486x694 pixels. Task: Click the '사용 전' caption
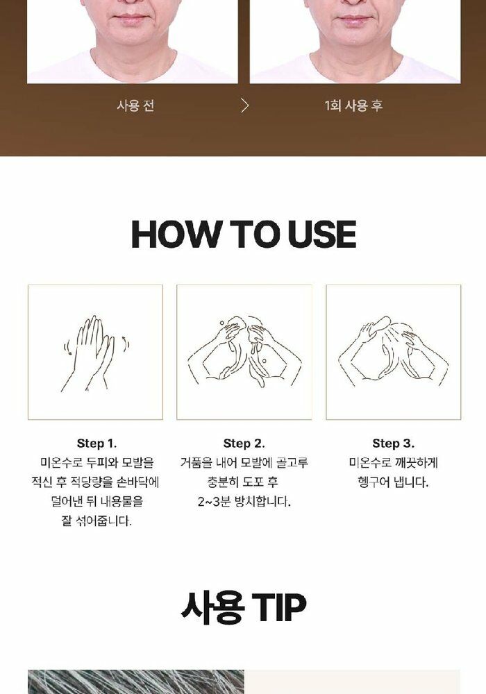(135, 105)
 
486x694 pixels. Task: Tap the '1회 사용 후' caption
(353, 105)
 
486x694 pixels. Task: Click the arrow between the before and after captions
(245, 105)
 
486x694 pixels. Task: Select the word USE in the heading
(321, 234)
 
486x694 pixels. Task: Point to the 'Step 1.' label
(97, 443)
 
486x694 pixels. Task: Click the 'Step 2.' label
(244, 443)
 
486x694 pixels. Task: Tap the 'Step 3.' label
(394, 443)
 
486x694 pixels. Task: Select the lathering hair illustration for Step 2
(244, 352)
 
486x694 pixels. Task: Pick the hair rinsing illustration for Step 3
(394, 350)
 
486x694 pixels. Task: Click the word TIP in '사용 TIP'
(279, 607)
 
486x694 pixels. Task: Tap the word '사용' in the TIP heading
(213, 607)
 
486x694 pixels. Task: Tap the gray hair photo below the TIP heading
(136, 682)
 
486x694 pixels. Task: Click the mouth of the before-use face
(131, 19)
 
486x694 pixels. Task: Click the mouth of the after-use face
(354, 19)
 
